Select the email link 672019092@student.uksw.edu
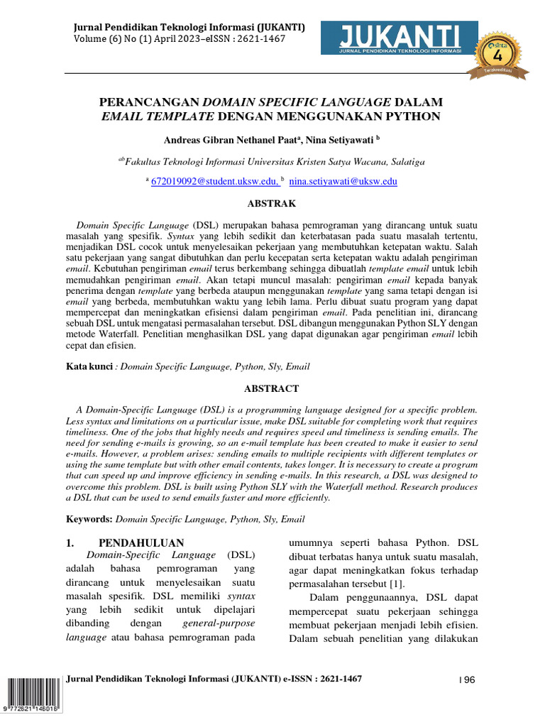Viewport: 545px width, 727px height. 214,182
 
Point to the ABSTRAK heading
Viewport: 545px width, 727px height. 271,203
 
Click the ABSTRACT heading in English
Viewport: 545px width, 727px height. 271,388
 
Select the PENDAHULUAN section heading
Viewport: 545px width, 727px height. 141,542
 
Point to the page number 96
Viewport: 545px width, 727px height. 468,680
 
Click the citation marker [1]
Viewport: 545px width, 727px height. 395,584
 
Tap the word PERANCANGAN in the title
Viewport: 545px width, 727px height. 150,102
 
